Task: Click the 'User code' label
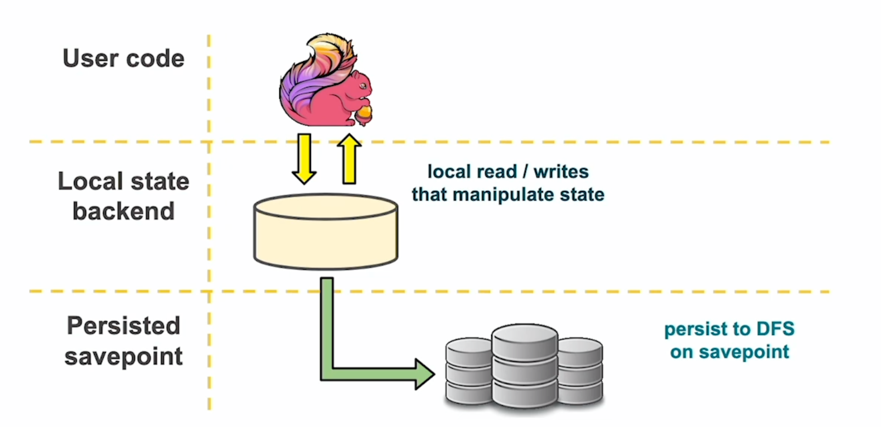tap(123, 59)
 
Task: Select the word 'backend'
tap(123, 211)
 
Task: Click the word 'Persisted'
tap(123, 326)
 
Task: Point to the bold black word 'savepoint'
tap(123, 356)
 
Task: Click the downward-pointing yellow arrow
tap(304, 159)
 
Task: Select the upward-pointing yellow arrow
tap(349, 159)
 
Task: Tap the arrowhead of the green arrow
tap(424, 374)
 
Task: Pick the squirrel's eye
tap(361, 86)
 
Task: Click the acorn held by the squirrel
tap(364, 114)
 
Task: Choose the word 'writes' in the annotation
tap(561, 172)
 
